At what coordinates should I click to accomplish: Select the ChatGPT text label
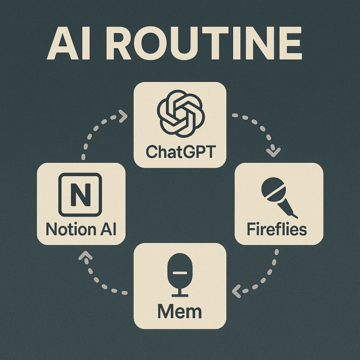(180, 152)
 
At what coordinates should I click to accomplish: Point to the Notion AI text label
(81, 229)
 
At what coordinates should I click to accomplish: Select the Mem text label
(180, 310)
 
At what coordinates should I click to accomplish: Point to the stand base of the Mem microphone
(180, 295)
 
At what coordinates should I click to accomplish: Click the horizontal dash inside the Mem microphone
(180, 273)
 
